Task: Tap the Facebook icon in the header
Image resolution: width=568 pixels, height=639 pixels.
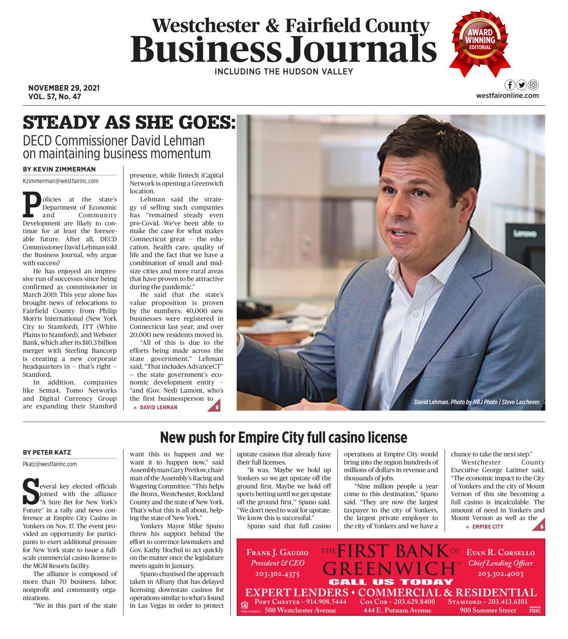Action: point(510,85)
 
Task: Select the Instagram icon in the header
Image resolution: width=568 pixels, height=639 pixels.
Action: point(533,85)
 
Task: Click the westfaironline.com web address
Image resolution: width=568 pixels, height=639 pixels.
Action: point(507,96)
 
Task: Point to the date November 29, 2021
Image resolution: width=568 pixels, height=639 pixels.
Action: point(64,88)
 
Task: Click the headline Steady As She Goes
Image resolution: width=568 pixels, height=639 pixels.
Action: point(129,123)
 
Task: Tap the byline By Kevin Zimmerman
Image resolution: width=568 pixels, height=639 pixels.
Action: point(59,169)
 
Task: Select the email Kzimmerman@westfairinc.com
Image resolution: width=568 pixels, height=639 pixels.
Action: point(60,181)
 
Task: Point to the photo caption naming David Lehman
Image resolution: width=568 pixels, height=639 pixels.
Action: point(477,402)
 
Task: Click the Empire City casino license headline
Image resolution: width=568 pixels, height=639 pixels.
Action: point(283,438)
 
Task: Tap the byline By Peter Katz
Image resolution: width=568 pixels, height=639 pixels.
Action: point(47,452)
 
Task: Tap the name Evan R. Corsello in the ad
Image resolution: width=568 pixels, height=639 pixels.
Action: point(500,553)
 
